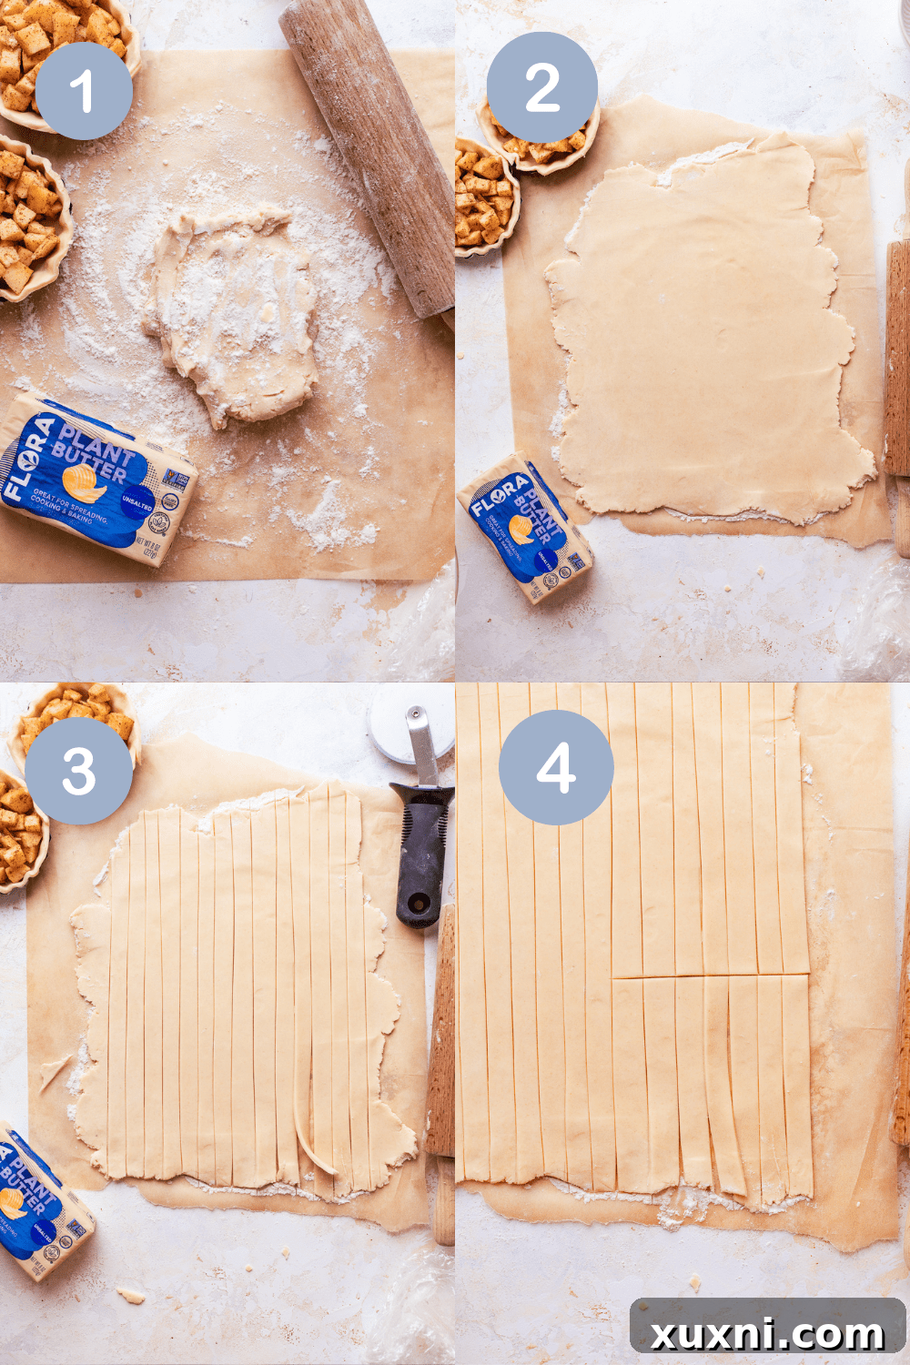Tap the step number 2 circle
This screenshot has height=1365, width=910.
541,88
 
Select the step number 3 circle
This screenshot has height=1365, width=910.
78,771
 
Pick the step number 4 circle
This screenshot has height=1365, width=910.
556,767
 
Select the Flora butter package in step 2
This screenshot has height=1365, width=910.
524,528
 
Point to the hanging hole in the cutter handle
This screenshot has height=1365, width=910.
418,905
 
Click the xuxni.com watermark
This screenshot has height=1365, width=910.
767,1333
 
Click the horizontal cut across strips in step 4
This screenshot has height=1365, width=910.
710,976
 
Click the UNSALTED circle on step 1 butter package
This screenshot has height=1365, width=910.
137,504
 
